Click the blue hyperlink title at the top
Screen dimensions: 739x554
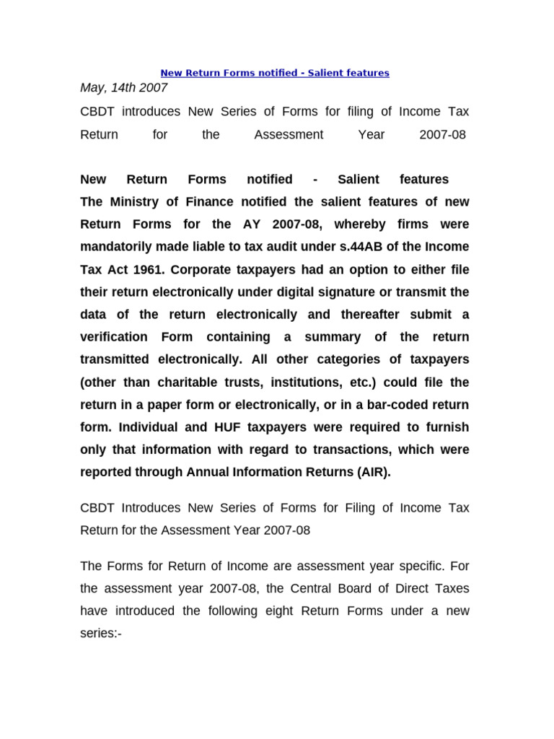coord(274,73)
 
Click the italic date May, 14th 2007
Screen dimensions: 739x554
coord(123,88)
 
